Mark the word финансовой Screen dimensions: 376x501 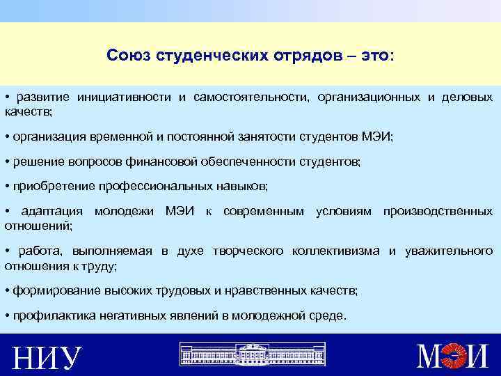coord(161,162)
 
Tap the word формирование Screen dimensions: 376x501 coord(49,290)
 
